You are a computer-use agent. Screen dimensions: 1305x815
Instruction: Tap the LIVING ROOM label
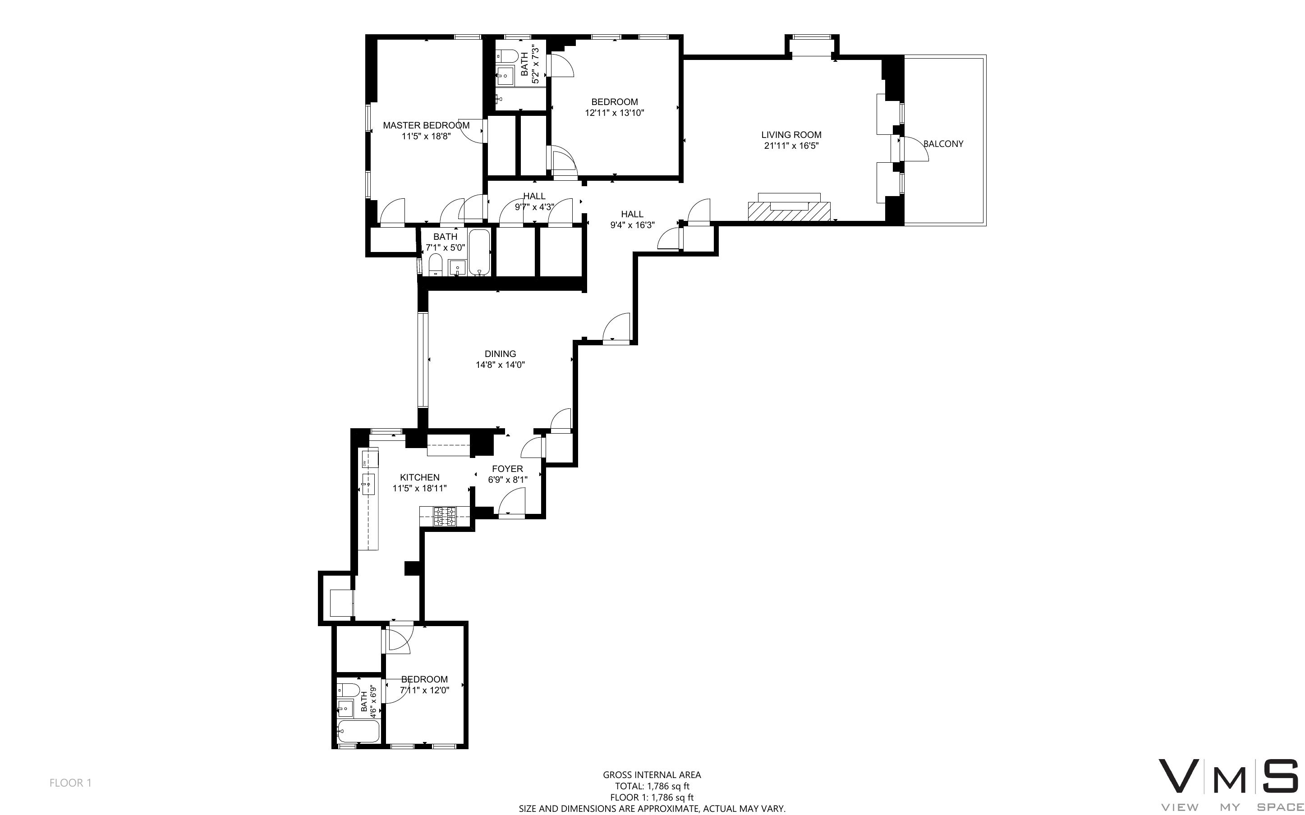click(x=791, y=135)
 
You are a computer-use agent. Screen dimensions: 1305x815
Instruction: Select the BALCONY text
click(x=943, y=143)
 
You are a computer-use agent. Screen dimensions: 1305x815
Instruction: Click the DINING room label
click(x=500, y=353)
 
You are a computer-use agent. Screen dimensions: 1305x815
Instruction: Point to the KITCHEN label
click(x=419, y=477)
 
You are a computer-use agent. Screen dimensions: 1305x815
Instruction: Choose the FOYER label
click(x=507, y=468)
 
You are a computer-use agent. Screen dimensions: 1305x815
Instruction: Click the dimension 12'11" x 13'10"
click(x=615, y=113)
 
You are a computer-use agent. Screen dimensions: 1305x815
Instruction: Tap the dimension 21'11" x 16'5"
click(x=791, y=146)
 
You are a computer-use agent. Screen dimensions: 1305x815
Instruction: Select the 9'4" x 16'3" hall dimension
click(x=632, y=225)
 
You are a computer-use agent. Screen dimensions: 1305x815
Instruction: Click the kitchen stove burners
click(x=445, y=517)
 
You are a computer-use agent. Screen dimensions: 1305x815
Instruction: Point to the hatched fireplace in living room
click(x=789, y=211)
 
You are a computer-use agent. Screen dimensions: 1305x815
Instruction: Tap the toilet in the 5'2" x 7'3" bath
click(x=507, y=55)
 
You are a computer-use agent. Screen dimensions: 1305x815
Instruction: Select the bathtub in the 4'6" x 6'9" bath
click(x=358, y=732)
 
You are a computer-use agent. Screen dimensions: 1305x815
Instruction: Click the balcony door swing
click(x=915, y=148)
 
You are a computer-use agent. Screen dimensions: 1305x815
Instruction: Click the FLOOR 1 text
click(x=71, y=783)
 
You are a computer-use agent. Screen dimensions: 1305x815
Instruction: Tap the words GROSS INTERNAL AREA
click(x=652, y=774)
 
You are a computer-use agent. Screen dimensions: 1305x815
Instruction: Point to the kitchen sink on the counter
click(x=369, y=484)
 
